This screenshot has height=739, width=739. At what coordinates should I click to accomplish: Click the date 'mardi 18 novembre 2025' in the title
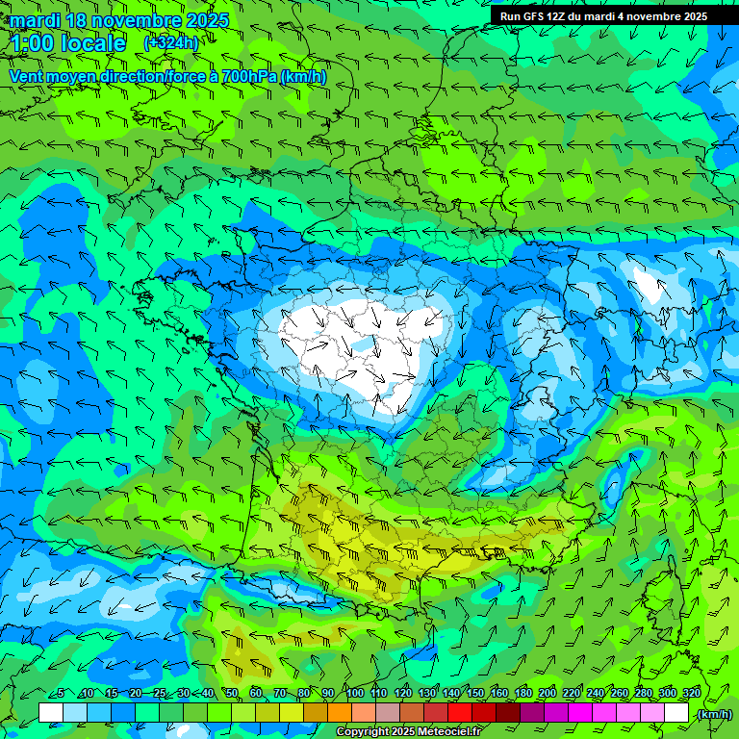click(x=119, y=20)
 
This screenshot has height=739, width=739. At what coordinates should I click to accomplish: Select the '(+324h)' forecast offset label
click(x=170, y=43)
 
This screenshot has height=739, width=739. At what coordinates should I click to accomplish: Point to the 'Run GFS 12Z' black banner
click(x=603, y=16)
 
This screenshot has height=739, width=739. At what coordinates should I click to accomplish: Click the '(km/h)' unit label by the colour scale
click(x=714, y=714)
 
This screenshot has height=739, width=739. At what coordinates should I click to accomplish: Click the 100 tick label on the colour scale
click(x=354, y=694)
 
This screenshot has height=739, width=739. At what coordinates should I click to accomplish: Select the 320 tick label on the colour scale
click(x=691, y=694)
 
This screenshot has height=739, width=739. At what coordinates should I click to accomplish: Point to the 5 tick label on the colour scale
click(x=60, y=694)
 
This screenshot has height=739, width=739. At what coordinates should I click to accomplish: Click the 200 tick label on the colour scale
click(x=548, y=694)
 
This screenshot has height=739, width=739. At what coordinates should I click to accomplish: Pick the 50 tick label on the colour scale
click(x=232, y=694)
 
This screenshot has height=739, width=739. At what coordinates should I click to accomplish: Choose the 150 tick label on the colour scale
click(x=475, y=694)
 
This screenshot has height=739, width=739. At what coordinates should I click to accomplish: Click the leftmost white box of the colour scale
click(x=51, y=713)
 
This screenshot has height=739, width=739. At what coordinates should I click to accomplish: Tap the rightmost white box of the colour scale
click(x=676, y=713)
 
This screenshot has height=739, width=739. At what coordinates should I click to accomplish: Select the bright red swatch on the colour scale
click(x=460, y=713)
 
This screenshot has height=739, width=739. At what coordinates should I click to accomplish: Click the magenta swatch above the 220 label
click(x=580, y=713)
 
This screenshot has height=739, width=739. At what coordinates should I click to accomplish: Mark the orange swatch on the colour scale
click(x=340, y=713)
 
